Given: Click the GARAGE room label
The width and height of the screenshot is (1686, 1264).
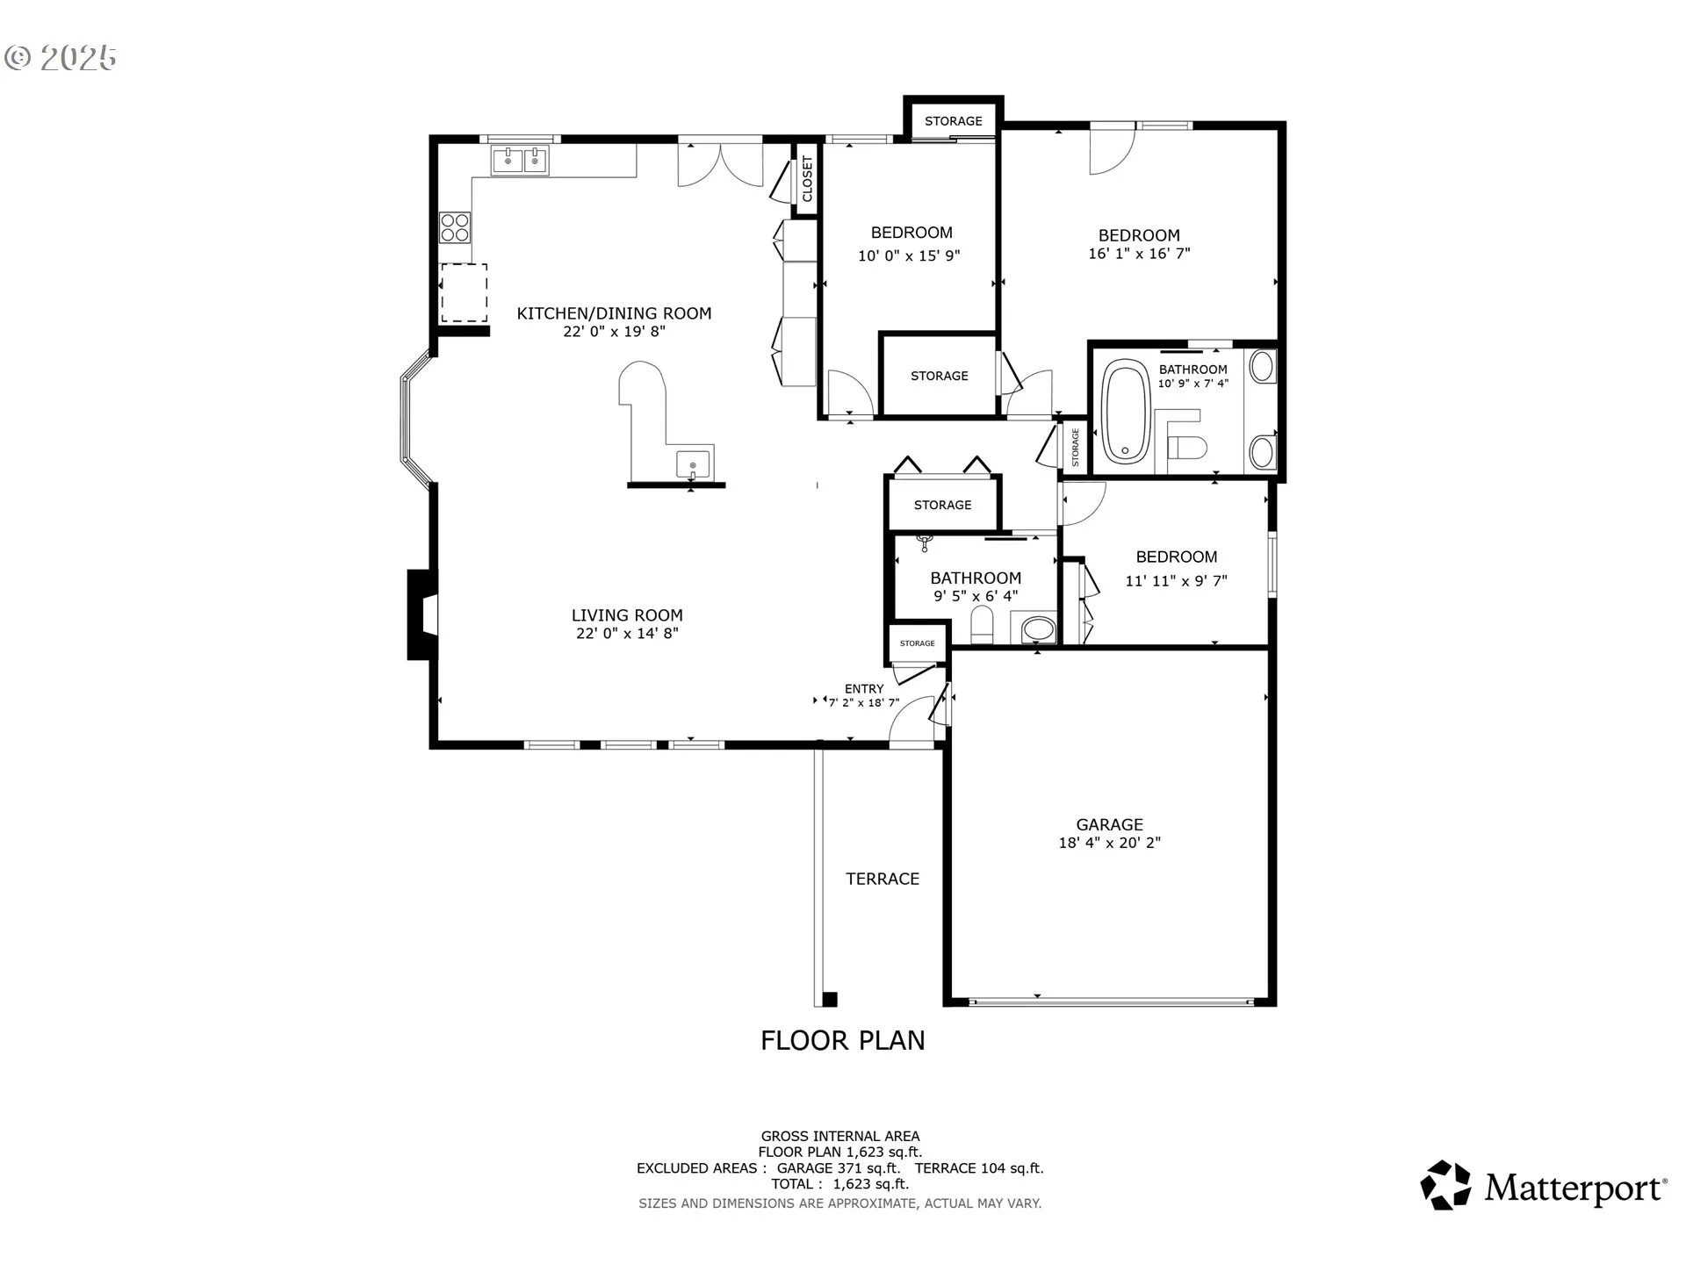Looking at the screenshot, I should click(x=1109, y=824).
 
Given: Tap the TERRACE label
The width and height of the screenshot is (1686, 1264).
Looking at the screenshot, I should click(x=883, y=879).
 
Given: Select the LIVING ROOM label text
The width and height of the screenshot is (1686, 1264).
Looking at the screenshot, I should click(x=627, y=615).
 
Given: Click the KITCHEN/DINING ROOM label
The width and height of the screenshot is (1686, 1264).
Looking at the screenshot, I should click(x=614, y=313).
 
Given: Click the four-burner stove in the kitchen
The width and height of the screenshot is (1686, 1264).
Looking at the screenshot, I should click(x=455, y=227).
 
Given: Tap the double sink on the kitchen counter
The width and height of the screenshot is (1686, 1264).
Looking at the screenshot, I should click(x=519, y=162).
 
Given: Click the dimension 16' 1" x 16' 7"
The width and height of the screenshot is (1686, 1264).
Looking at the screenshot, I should click(x=1139, y=254).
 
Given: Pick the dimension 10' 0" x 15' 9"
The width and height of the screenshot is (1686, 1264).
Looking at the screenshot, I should click(x=909, y=256).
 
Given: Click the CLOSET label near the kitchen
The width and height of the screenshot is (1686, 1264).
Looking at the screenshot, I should click(x=807, y=179).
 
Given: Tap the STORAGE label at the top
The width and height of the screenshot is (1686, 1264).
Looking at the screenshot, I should click(x=953, y=121).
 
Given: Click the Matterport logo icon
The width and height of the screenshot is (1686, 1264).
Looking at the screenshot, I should click(x=1445, y=1186).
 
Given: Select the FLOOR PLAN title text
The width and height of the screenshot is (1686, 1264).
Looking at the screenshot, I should click(x=842, y=1040).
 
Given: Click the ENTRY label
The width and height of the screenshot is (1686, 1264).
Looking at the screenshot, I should click(x=864, y=689).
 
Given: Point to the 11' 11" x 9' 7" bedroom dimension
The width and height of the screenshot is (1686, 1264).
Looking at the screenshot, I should click(x=1176, y=581).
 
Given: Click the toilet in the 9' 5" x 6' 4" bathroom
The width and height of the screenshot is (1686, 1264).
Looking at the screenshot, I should click(x=982, y=626).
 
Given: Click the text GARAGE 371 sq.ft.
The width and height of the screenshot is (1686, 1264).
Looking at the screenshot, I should click(x=839, y=1168).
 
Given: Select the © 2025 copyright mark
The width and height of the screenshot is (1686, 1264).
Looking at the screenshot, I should click(x=60, y=58).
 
